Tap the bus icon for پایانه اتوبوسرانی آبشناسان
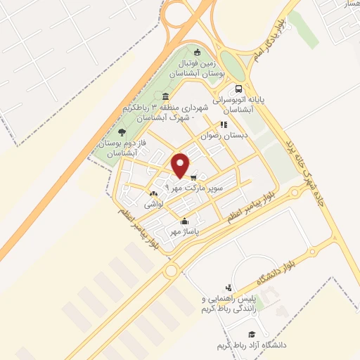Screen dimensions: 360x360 coord(239,89)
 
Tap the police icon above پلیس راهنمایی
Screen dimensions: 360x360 coord(229,287)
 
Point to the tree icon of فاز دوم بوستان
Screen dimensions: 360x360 coord(122,131)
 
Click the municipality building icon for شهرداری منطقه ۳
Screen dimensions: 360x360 coord(165,96)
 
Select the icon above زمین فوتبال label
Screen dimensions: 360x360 coord(198,51)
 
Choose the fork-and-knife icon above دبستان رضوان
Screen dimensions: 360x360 coord(223,125)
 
